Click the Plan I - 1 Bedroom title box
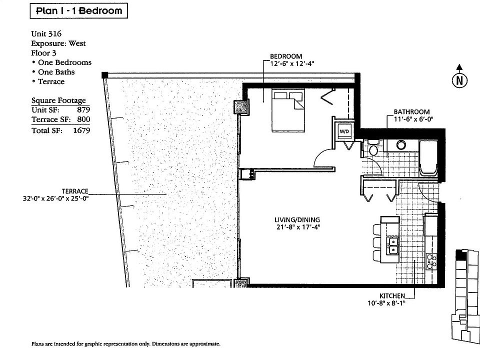78,11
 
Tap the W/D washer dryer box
344,131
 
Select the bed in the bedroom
288,111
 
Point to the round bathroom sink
401,144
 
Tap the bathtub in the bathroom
428,158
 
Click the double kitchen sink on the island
392,245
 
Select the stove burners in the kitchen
431,261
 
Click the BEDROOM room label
286,56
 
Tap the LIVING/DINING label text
297,220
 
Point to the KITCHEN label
392,296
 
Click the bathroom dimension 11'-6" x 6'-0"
413,119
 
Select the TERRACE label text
75,191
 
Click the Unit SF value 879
83,110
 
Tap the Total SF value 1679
81,130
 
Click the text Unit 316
46,33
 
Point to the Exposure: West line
58,43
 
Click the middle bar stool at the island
377,242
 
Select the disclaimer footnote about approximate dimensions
126,344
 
